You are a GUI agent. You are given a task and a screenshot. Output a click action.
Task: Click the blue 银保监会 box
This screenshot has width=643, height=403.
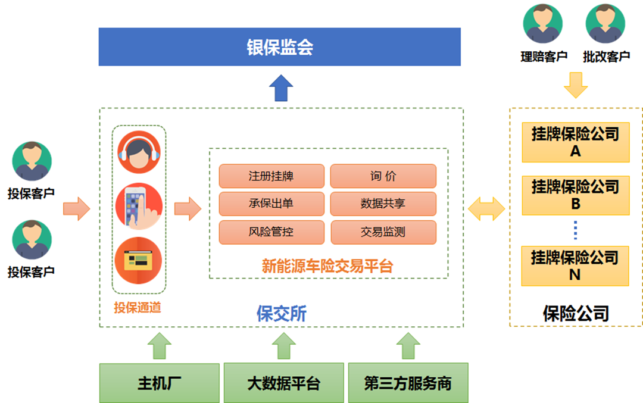(x=279, y=46)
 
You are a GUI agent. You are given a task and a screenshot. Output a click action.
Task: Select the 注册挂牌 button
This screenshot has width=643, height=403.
(x=271, y=176)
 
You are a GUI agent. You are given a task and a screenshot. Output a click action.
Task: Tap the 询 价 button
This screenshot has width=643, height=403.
(x=383, y=176)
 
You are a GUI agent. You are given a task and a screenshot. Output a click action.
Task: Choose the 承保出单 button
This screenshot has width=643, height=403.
(x=271, y=204)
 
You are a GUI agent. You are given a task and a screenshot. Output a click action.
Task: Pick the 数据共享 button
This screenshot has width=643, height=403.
(x=383, y=204)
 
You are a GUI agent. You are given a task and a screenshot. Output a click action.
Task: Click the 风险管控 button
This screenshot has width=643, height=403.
(x=271, y=232)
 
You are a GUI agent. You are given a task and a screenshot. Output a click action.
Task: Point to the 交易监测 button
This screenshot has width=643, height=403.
(x=383, y=232)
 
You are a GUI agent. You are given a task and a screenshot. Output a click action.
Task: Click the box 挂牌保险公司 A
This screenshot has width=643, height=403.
(x=575, y=142)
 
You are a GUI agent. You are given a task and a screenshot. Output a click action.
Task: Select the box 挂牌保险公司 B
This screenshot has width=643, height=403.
(x=575, y=195)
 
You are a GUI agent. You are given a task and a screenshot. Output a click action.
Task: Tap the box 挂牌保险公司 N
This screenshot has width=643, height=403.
(x=575, y=265)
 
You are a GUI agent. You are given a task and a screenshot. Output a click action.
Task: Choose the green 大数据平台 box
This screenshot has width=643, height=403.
(x=283, y=383)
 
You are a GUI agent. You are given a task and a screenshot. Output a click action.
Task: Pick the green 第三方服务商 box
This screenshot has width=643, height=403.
(x=408, y=383)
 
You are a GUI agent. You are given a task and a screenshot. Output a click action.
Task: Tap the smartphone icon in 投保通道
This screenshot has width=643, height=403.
(x=139, y=206)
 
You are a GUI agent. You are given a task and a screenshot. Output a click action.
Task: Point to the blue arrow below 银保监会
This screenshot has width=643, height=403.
(x=280, y=88)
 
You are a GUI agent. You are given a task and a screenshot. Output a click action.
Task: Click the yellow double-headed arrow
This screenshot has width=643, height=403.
(x=486, y=209)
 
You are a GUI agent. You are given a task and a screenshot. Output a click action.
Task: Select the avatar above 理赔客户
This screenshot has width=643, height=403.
(x=543, y=24)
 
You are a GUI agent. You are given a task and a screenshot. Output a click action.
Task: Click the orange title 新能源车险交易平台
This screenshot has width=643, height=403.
(x=327, y=266)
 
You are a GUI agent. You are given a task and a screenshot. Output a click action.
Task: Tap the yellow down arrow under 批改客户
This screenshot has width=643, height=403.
(x=575, y=85)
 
